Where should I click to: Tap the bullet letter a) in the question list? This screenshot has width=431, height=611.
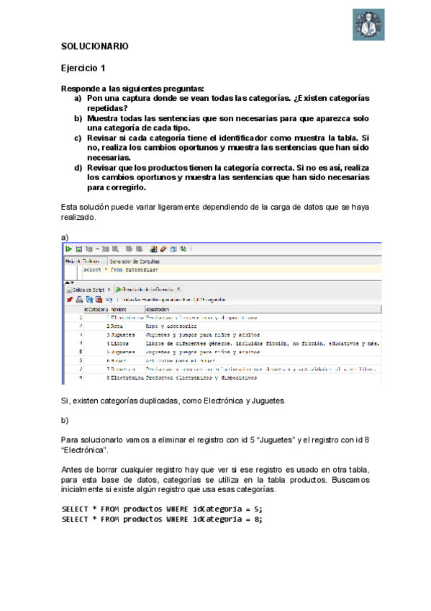coord(78,97)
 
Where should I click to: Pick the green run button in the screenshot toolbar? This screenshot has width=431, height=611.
coord(69,249)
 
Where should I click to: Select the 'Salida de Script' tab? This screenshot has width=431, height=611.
coord(88,289)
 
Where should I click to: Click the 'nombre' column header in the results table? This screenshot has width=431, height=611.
coord(118,309)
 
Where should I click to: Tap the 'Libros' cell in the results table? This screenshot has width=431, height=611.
coord(117,343)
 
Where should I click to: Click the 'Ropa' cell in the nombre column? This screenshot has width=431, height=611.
coord(114,326)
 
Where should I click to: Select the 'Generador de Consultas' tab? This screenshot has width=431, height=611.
coord(135,261)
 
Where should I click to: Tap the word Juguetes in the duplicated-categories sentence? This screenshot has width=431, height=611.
coord(266,399)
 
